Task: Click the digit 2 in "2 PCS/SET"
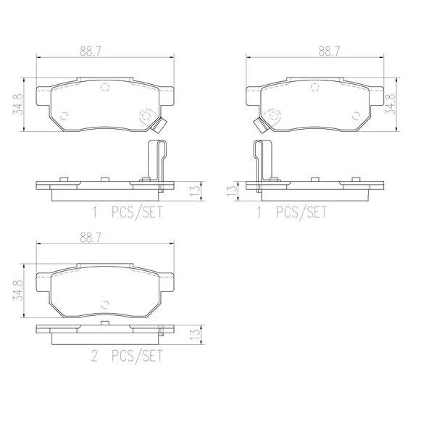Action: [94, 356]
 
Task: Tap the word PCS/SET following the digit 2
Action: [137, 356]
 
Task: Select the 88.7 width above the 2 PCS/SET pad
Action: [91, 238]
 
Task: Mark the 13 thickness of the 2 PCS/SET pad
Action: [195, 334]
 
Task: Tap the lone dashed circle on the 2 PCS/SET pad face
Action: [105, 304]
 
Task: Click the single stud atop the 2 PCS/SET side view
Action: [104, 323]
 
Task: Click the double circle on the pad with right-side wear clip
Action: [146, 116]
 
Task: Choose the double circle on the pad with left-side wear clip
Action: [274, 116]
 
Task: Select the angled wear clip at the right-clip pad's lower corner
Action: [159, 125]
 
